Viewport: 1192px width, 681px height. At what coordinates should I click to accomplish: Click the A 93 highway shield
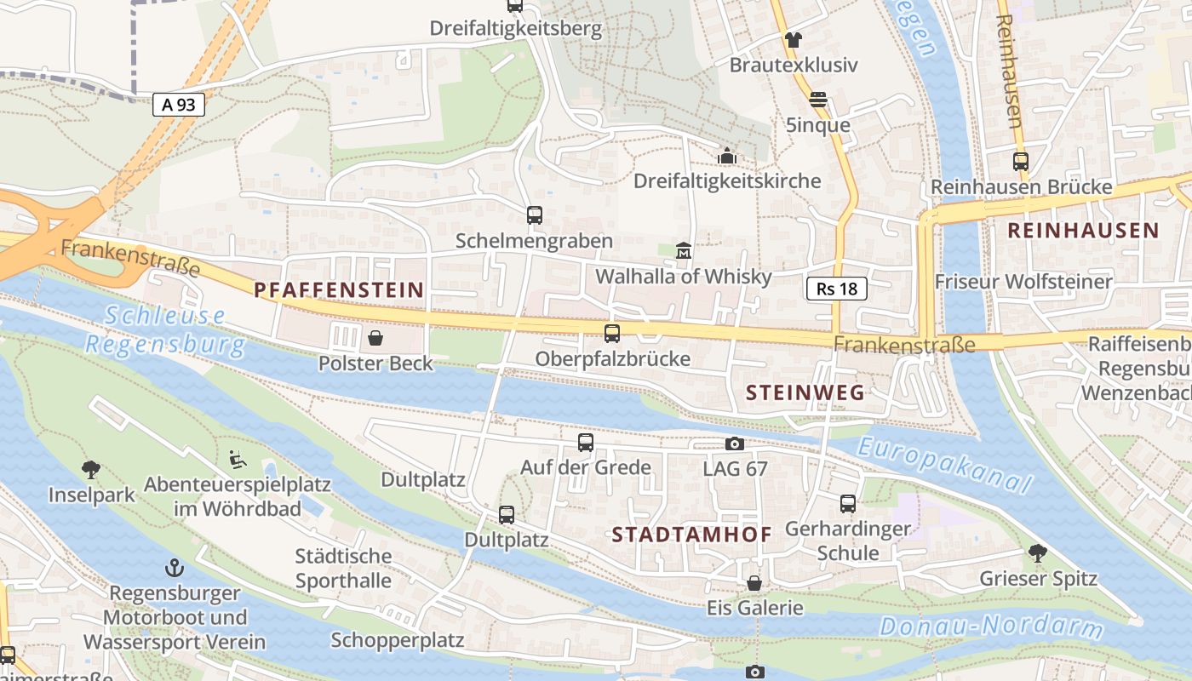[179, 105]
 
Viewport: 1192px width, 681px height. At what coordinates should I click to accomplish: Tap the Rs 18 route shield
[836, 289]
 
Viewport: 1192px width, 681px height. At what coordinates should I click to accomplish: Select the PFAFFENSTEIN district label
[339, 289]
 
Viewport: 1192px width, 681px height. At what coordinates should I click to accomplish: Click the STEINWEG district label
[805, 392]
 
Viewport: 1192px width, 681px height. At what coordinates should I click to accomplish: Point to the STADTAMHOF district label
[692, 535]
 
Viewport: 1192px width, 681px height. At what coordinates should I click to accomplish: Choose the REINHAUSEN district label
[1083, 230]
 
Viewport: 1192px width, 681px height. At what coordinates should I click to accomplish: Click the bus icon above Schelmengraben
[534, 215]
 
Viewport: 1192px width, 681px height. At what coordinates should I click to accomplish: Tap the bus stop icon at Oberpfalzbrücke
[612, 334]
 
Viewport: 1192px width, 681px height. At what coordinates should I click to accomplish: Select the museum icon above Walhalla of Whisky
[683, 251]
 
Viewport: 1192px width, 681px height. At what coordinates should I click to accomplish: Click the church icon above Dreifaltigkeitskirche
[727, 156]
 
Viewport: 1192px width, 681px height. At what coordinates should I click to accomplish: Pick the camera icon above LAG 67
[734, 444]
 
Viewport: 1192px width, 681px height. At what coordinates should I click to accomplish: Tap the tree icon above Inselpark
[91, 470]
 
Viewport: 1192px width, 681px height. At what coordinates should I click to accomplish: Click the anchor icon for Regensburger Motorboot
[175, 567]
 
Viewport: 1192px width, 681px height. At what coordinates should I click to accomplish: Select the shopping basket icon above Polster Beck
[375, 339]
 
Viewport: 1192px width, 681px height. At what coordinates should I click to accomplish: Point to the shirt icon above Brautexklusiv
[794, 39]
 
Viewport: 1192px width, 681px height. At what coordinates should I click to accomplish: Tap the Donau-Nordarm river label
[991, 627]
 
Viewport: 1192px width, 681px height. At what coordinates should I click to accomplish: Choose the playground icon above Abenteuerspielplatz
[238, 459]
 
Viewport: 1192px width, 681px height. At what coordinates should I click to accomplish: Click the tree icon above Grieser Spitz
[1037, 553]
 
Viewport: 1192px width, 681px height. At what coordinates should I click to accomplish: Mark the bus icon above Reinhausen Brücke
[1020, 161]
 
